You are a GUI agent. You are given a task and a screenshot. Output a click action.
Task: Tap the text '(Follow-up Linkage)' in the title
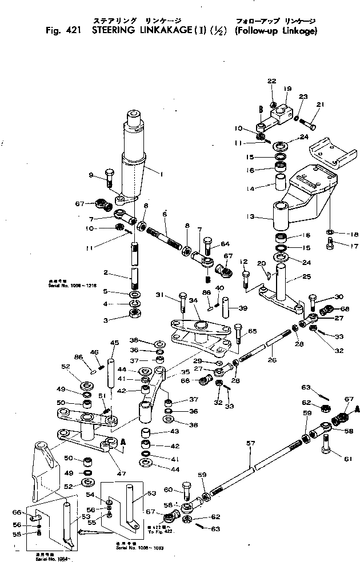coord(275,31)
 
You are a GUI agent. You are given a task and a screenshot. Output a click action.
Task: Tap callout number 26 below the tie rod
coord(271,360)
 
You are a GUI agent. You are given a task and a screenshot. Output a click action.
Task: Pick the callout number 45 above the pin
coord(114,343)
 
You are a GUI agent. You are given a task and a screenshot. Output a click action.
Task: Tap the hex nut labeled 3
coord(135,313)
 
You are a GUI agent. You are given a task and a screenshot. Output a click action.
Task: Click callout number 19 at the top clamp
coord(288,89)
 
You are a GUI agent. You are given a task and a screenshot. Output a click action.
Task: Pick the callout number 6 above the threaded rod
coord(164,213)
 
